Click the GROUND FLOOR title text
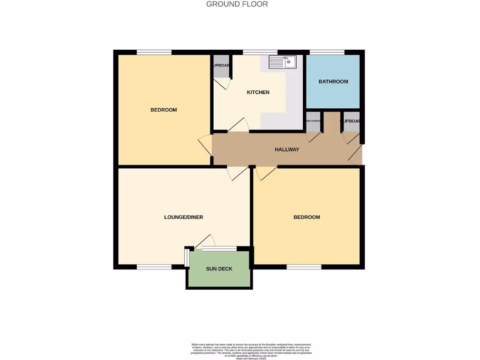click(x=237, y=4)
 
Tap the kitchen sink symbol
click(x=282, y=62)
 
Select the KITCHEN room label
click(x=258, y=92)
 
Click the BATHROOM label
click(x=333, y=82)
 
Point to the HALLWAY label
click(x=286, y=150)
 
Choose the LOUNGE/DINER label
click(x=183, y=217)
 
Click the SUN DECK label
click(x=219, y=269)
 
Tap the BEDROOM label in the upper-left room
click(x=164, y=110)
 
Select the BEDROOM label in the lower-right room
click(x=307, y=217)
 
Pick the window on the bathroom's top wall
click(x=327, y=52)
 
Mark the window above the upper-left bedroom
click(x=154, y=52)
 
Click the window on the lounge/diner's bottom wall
click(x=154, y=267)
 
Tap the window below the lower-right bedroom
click(x=304, y=267)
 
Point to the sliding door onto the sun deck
click(x=219, y=248)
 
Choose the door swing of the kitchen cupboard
click(x=222, y=83)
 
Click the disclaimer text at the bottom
click(x=251, y=351)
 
